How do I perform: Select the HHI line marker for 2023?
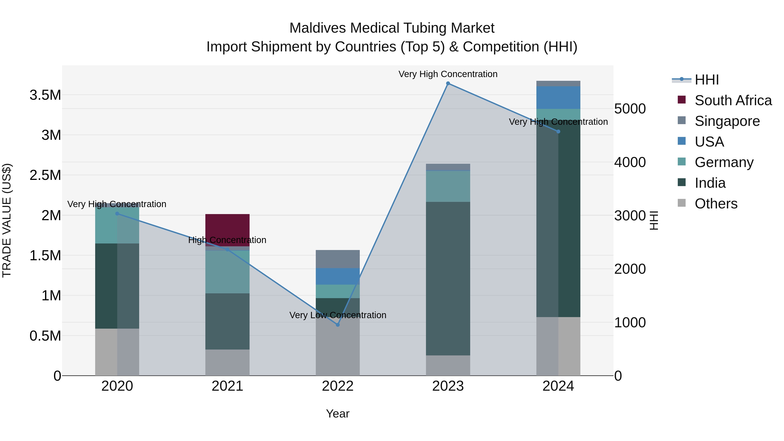click(x=448, y=83)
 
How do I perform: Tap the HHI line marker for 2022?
click(x=338, y=325)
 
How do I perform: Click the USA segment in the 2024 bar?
click(x=558, y=97)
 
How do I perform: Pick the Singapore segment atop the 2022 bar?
click(x=338, y=259)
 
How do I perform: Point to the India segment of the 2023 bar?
click(x=448, y=279)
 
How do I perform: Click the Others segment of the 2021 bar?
click(x=227, y=362)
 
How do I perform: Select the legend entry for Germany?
click(x=724, y=162)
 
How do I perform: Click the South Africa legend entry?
click(x=733, y=100)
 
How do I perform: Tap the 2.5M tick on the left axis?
click(x=45, y=175)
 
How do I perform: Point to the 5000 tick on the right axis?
click(x=630, y=109)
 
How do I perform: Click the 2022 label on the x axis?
click(x=338, y=386)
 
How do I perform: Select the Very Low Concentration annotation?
click(x=338, y=315)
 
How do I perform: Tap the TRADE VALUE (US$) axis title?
click(x=7, y=220)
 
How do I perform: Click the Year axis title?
click(x=338, y=414)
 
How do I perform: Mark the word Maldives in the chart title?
click(x=318, y=28)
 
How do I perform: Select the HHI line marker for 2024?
click(x=558, y=132)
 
